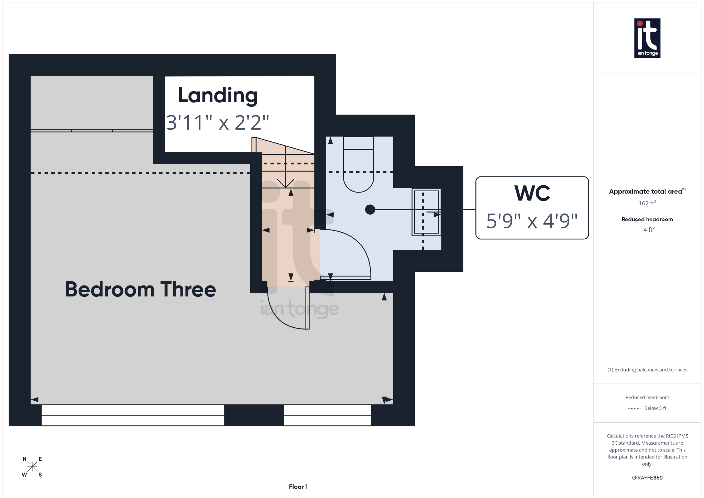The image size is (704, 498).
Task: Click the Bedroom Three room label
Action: click(x=140, y=289)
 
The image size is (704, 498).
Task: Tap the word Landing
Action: click(x=218, y=95)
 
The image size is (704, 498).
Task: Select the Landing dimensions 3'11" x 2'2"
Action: click(x=218, y=122)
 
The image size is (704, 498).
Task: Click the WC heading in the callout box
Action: click(x=532, y=193)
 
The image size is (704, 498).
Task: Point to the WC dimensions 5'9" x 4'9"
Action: click(x=532, y=221)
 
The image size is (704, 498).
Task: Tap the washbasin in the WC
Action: click(x=426, y=212)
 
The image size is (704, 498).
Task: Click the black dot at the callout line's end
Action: click(x=370, y=209)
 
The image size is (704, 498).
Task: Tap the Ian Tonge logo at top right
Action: click(x=647, y=38)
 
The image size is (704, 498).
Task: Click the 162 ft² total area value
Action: click(x=647, y=203)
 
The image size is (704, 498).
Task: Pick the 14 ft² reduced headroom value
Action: click(x=647, y=230)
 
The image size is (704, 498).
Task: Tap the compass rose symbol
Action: click(x=32, y=467)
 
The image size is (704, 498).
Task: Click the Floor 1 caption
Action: click(x=298, y=487)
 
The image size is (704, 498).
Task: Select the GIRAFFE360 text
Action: click(x=647, y=478)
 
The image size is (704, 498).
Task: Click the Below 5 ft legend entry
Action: click(x=654, y=408)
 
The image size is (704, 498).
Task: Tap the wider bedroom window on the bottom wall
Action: click(x=133, y=415)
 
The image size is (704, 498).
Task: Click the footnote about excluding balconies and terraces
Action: click(x=647, y=370)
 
